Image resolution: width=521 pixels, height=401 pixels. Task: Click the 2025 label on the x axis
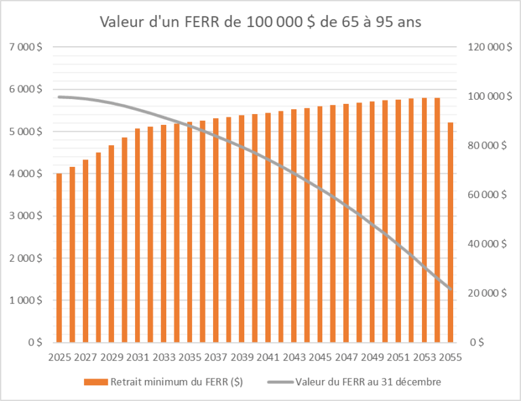pyautogui.click(x=60, y=357)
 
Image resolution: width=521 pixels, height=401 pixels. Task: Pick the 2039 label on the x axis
pyautogui.click(x=242, y=357)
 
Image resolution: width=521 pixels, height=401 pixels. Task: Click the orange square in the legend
pyautogui.click(x=90, y=383)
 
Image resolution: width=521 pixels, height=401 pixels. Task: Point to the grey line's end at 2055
pyautogui.click(x=450, y=290)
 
